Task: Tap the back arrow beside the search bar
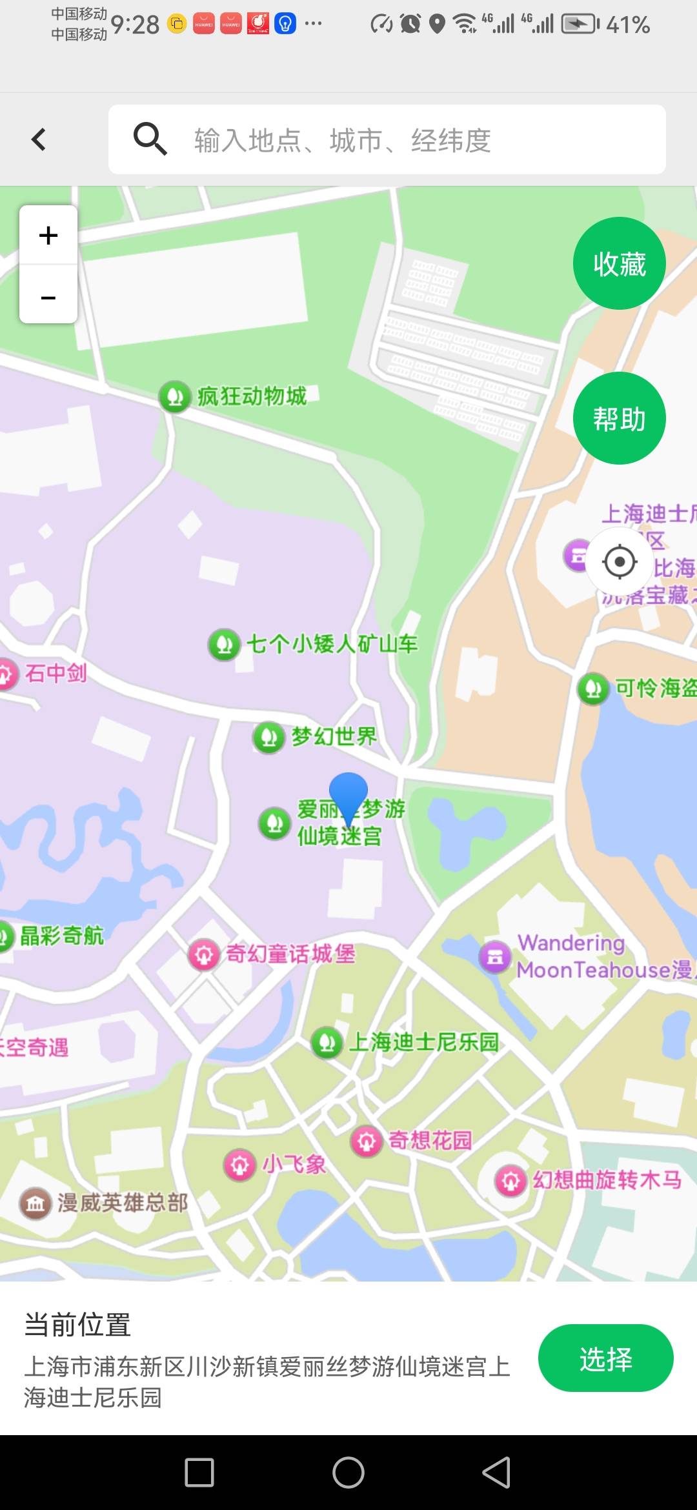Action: coord(39,139)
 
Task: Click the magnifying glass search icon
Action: coord(150,139)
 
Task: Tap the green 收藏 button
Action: coord(619,263)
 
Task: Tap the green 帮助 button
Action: coord(619,418)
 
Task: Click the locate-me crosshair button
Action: coord(620,561)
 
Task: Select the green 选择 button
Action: coord(605,1358)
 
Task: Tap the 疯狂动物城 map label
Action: coord(252,396)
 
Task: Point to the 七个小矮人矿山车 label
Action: coord(332,643)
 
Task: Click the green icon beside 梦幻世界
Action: coord(268,737)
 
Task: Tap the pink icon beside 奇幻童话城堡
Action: coord(204,954)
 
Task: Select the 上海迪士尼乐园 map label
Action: coord(423,1042)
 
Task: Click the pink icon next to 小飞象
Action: coord(239,1165)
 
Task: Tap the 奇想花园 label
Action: coord(430,1141)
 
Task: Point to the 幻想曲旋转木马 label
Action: coord(607,1180)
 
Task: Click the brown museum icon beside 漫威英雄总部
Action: coord(35,1203)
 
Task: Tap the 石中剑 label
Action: coord(56,673)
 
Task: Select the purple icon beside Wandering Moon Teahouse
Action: coord(495,956)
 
